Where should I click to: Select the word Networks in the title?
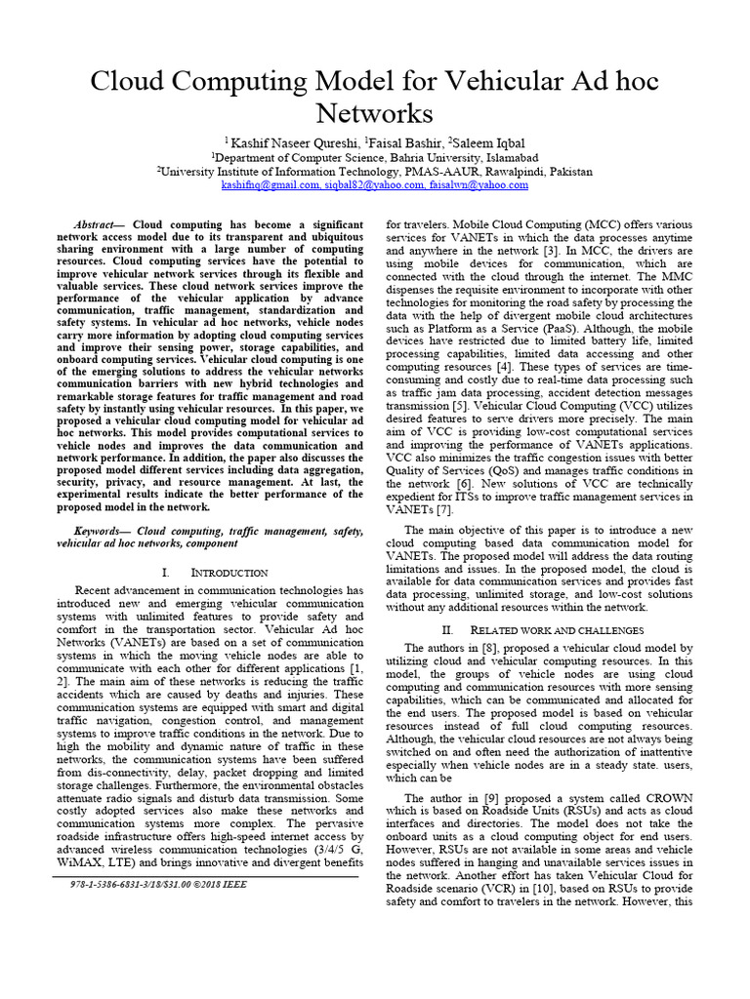pos(375,113)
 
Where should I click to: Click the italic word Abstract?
pos(97,224)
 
